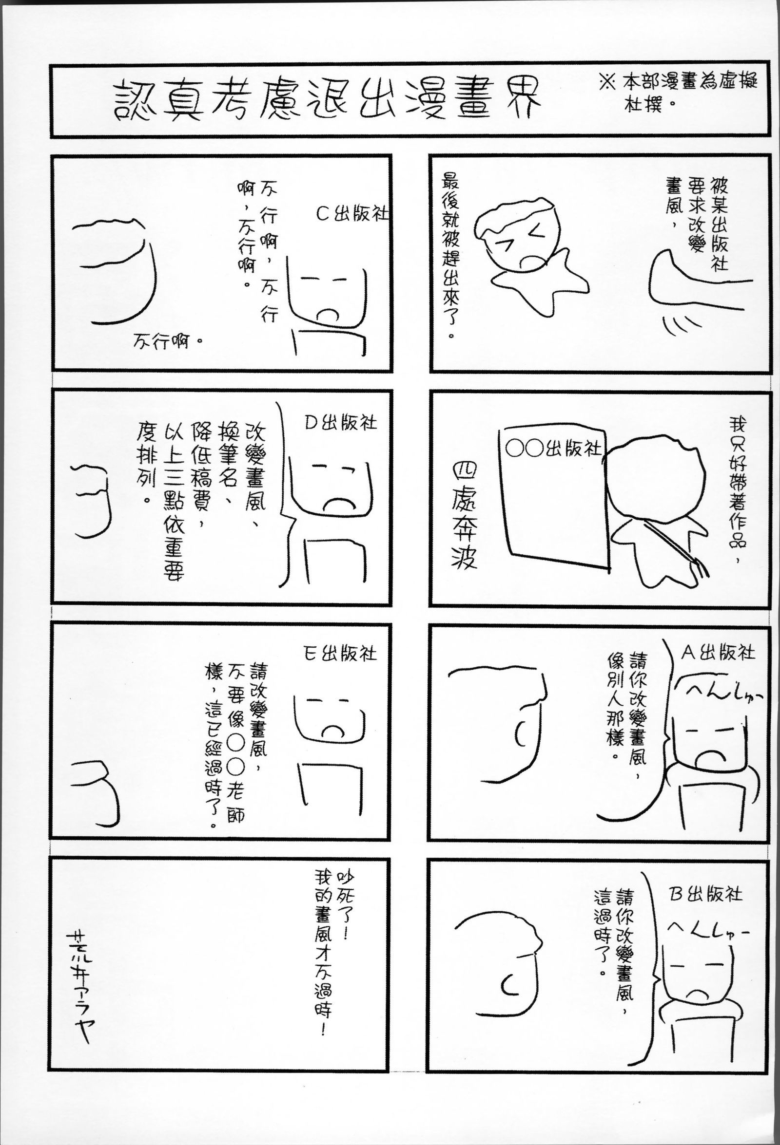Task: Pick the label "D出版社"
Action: coord(340,423)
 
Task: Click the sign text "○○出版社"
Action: coord(554,449)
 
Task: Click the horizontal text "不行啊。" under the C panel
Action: coord(168,339)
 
